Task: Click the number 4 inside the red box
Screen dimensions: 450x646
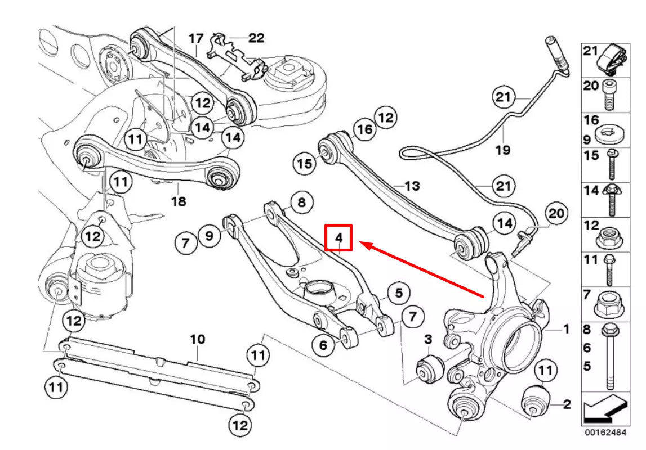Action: (x=339, y=238)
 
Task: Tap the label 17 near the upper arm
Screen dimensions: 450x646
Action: (x=195, y=39)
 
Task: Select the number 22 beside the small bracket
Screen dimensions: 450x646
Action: (x=256, y=38)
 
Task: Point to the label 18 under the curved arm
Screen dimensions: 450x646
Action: (x=179, y=201)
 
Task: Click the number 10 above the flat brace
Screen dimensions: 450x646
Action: (x=198, y=339)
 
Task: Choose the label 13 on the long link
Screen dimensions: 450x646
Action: (x=412, y=186)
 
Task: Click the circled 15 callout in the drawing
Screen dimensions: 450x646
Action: (x=305, y=164)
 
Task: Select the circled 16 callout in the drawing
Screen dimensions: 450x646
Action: (x=364, y=130)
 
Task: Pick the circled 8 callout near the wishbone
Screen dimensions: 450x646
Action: (x=301, y=202)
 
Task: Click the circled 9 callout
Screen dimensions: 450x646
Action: (x=209, y=236)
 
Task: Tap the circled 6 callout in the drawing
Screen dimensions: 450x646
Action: (x=323, y=345)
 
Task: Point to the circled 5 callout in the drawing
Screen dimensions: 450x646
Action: (x=398, y=292)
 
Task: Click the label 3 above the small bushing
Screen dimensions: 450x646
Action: (x=428, y=339)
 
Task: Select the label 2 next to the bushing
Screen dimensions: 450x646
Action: (x=567, y=403)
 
